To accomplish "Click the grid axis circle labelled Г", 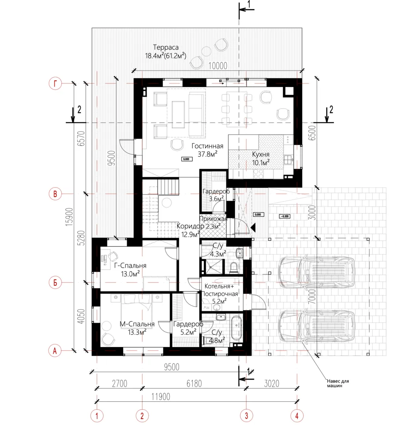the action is [x=56, y=83].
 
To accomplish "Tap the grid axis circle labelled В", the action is [x=55, y=194].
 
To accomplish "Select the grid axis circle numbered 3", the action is [x=246, y=416].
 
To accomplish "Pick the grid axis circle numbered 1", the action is [x=97, y=416].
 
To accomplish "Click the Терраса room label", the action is [x=166, y=48].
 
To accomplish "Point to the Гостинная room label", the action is [x=207, y=146].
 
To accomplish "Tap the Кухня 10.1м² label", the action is [x=261, y=159].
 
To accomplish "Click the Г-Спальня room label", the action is [x=130, y=266].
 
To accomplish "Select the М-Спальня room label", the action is [x=137, y=324].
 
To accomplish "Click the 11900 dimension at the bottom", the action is [x=161, y=397].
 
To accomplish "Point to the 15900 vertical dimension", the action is [x=70, y=217].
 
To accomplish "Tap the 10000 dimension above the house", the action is [x=218, y=66].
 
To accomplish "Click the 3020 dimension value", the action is [x=272, y=384].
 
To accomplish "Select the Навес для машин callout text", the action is [x=338, y=383].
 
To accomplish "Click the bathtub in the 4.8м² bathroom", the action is [x=237, y=328].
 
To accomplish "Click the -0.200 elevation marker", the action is [x=285, y=216].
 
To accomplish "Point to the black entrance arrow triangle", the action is [x=253, y=228].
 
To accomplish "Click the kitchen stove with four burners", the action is [x=258, y=174].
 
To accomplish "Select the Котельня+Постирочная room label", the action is [x=220, y=290].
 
